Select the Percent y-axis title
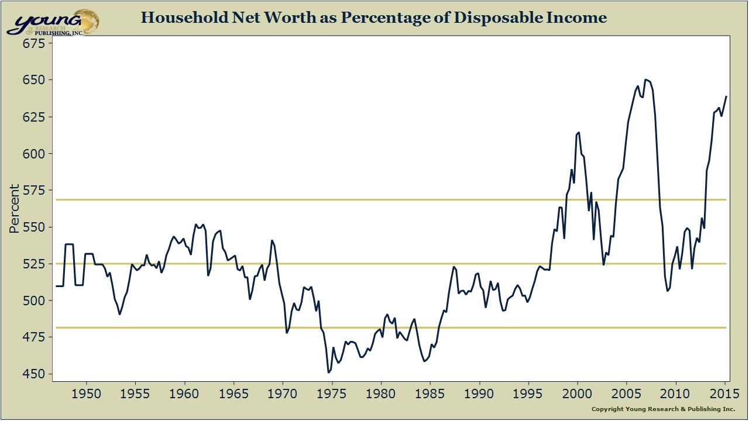click(15, 209)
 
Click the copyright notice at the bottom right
click(663, 409)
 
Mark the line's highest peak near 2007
click(645, 80)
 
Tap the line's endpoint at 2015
click(726, 96)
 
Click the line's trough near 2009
click(667, 291)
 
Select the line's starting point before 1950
click(57, 286)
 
